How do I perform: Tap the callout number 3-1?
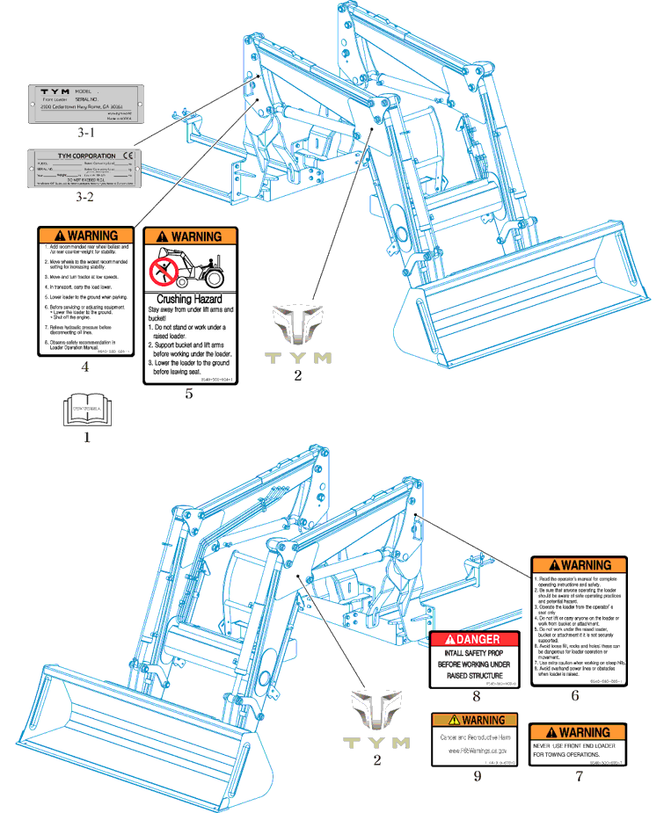coord(85,133)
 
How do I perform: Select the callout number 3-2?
coord(85,197)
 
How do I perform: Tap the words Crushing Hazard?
coord(189,300)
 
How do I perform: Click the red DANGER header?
coord(476,639)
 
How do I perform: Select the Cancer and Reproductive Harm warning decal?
coord(475,739)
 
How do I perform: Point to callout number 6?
coord(575,696)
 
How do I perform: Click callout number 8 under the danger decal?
coord(476,696)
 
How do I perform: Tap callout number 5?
coord(188,394)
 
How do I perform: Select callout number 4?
coord(84,367)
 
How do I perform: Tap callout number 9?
coord(477,776)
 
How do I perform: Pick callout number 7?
coord(579,776)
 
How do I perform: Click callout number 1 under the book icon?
coord(86,436)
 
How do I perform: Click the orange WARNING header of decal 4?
coord(85,236)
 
